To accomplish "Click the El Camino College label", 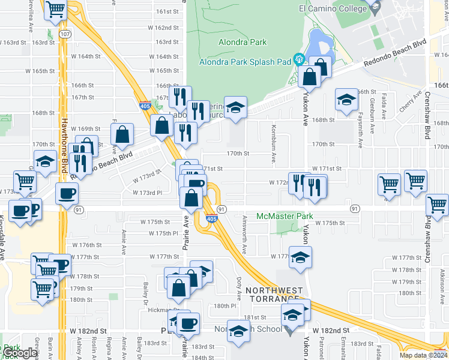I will (333, 9).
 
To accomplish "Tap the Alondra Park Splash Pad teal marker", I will (298, 59).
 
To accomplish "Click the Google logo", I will (19, 353).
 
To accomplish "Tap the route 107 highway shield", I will (65, 34).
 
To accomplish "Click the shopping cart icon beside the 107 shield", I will (55, 10).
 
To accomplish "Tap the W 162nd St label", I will (164, 28).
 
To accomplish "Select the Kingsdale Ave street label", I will (2, 237).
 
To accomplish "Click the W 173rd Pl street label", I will (148, 193).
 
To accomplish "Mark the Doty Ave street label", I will (239, 285).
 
